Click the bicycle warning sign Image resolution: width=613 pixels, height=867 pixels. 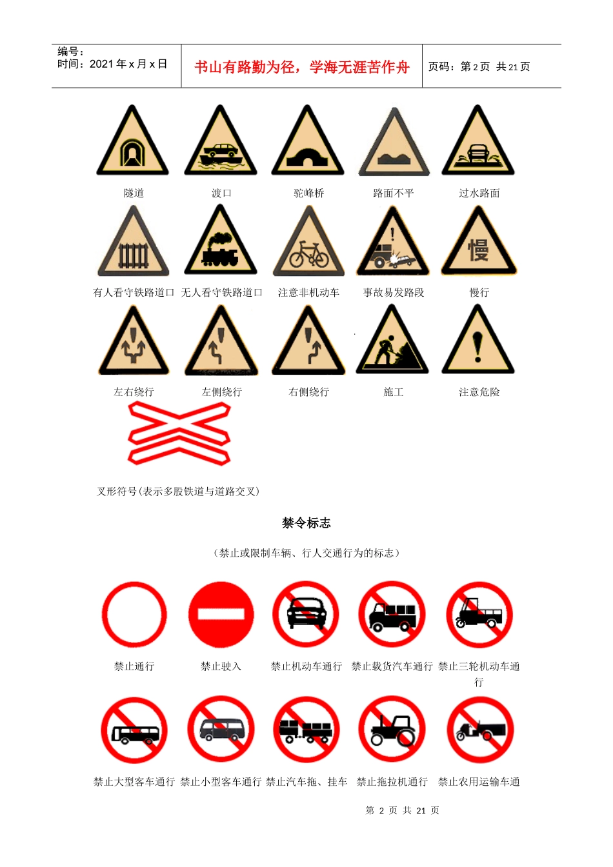(x=308, y=244)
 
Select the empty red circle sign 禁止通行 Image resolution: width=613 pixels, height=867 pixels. (x=134, y=615)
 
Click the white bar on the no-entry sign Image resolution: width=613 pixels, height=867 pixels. (x=221, y=615)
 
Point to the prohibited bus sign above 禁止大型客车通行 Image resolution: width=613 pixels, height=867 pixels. (x=134, y=730)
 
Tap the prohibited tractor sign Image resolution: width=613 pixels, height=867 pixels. (x=392, y=730)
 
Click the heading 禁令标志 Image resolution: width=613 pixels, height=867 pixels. (x=306, y=523)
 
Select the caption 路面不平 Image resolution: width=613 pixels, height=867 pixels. (x=394, y=193)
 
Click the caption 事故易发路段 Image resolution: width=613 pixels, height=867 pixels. (x=394, y=292)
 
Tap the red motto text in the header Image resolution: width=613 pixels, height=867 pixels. (x=301, y=67)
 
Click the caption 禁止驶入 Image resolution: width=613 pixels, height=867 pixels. (x=221, y=666)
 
